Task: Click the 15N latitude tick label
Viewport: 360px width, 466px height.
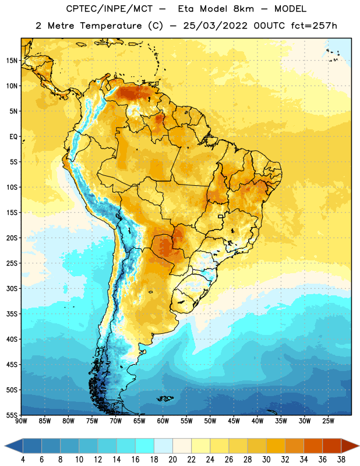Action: point(12,61)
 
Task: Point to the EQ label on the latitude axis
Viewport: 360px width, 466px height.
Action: point(13,137)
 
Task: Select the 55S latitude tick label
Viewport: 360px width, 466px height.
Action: point(12,415)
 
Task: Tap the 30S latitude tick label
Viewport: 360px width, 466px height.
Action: point(12,288)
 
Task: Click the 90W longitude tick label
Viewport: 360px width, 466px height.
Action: point(21,421)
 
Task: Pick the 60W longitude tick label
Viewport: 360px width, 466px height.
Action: point(163,421)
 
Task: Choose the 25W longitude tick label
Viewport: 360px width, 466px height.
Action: point(328,421)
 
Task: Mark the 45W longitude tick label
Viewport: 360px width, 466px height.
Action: point(234,421)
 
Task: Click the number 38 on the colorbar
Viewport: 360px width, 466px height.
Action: point(341,460)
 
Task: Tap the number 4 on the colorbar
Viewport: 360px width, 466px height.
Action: point(23,460)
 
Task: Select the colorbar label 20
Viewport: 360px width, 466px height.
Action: point(172,460)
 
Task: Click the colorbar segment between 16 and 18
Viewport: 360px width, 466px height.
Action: point(145,446)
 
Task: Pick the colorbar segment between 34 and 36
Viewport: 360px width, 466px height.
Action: point(313,446)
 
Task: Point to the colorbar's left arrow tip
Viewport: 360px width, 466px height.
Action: point(5,446)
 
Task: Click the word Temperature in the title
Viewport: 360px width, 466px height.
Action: point(111,26)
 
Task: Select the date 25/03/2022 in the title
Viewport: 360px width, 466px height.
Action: point(215,26)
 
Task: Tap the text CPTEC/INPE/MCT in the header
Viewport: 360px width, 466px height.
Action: point(109,9)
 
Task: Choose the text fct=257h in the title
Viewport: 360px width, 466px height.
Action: point(314,26)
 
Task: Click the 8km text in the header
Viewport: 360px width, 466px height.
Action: point(243,9)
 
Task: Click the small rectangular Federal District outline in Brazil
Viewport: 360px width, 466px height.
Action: point(221,216)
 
